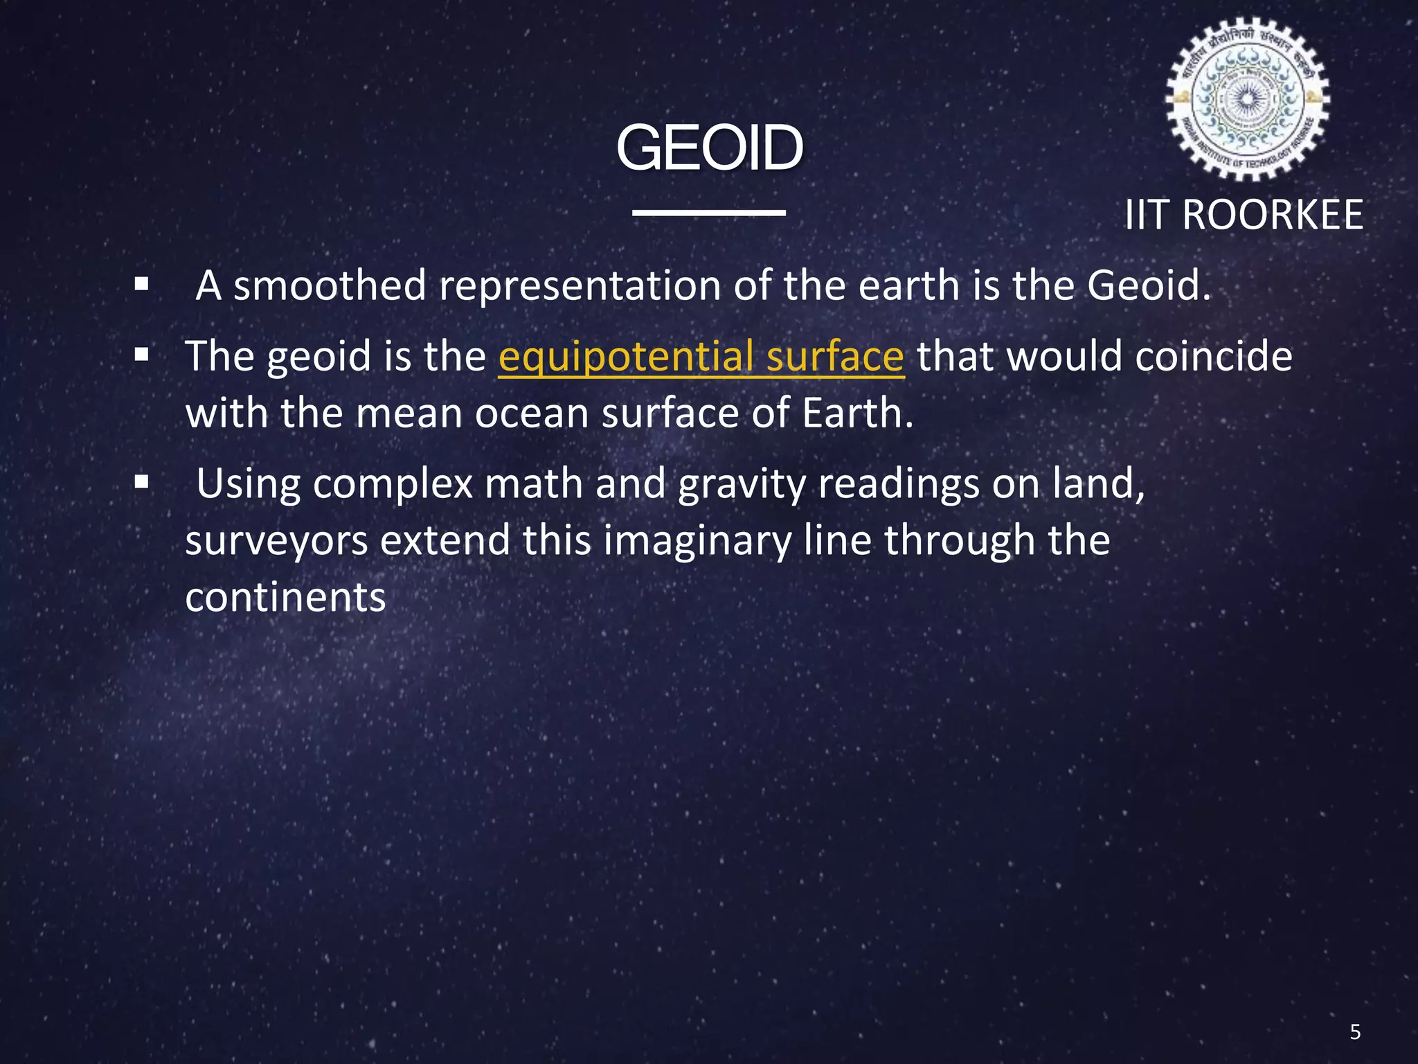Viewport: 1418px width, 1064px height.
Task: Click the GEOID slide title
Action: [x=709, y=148]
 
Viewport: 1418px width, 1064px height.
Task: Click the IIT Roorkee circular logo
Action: [x=1247, y=100]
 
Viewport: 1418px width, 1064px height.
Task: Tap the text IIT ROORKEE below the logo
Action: [x=1244, y=215]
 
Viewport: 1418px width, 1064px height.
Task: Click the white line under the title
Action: [x=709, y=213]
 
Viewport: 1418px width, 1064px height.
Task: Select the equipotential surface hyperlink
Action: [x=701, y=357]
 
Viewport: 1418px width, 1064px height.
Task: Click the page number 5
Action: [x=1355, y=1032]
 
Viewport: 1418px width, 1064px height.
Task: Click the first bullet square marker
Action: [x=142, y=284]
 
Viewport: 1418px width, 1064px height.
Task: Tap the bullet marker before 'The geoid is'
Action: [x=142, y=355]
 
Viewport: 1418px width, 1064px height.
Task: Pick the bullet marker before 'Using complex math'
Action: [x=142, y=482]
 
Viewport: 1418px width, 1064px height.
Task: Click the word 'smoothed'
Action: [x=330, y=285]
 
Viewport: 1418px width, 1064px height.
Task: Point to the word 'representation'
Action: [x=580, y=285]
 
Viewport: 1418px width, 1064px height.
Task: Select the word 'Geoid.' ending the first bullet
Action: [x=1149, y=285]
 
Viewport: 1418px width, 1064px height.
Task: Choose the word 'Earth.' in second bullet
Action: [x=857, y=414]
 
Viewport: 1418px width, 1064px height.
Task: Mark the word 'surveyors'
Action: [x=276, y=541]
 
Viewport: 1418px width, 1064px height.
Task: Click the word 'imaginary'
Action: [x=697, y=541]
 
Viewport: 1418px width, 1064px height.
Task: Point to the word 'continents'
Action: [x=285, y=598]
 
